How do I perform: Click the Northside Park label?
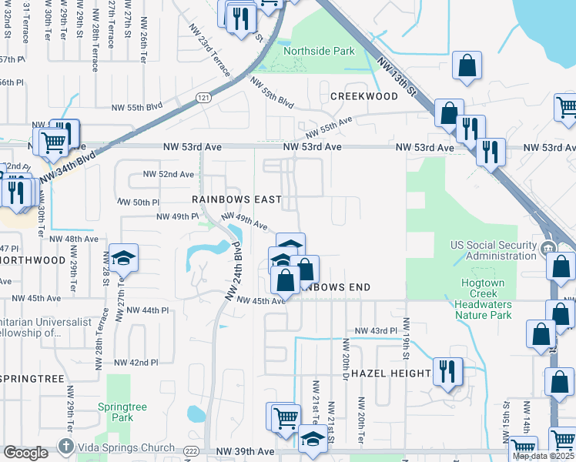(x=319, y=52)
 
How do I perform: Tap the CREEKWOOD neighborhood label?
(x=363, y=96)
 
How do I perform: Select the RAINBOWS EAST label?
(x=236, y=198)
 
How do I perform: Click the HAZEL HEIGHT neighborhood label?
(x=391, y=373)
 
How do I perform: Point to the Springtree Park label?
(x=116, y=412)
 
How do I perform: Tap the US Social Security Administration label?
(x=494, y=250)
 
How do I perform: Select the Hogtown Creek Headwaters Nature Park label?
(x=484, y=299)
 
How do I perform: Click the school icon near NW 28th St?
(x=123, y=259)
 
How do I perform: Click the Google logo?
(x=26, y=453)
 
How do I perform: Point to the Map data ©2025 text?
(x=544, y=456)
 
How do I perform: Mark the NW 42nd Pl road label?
(x=136, y=362)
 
